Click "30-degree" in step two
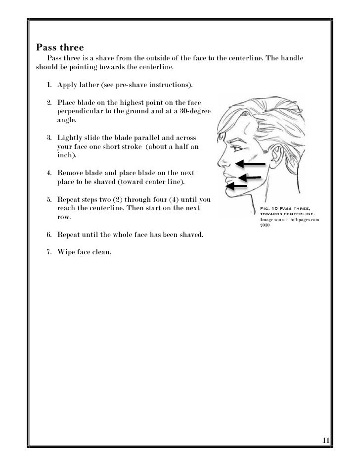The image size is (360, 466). [194, 112]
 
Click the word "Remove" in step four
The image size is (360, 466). [71, 173]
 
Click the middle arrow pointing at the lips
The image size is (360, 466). [251, 178]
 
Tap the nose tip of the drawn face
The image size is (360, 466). [221, 162]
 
